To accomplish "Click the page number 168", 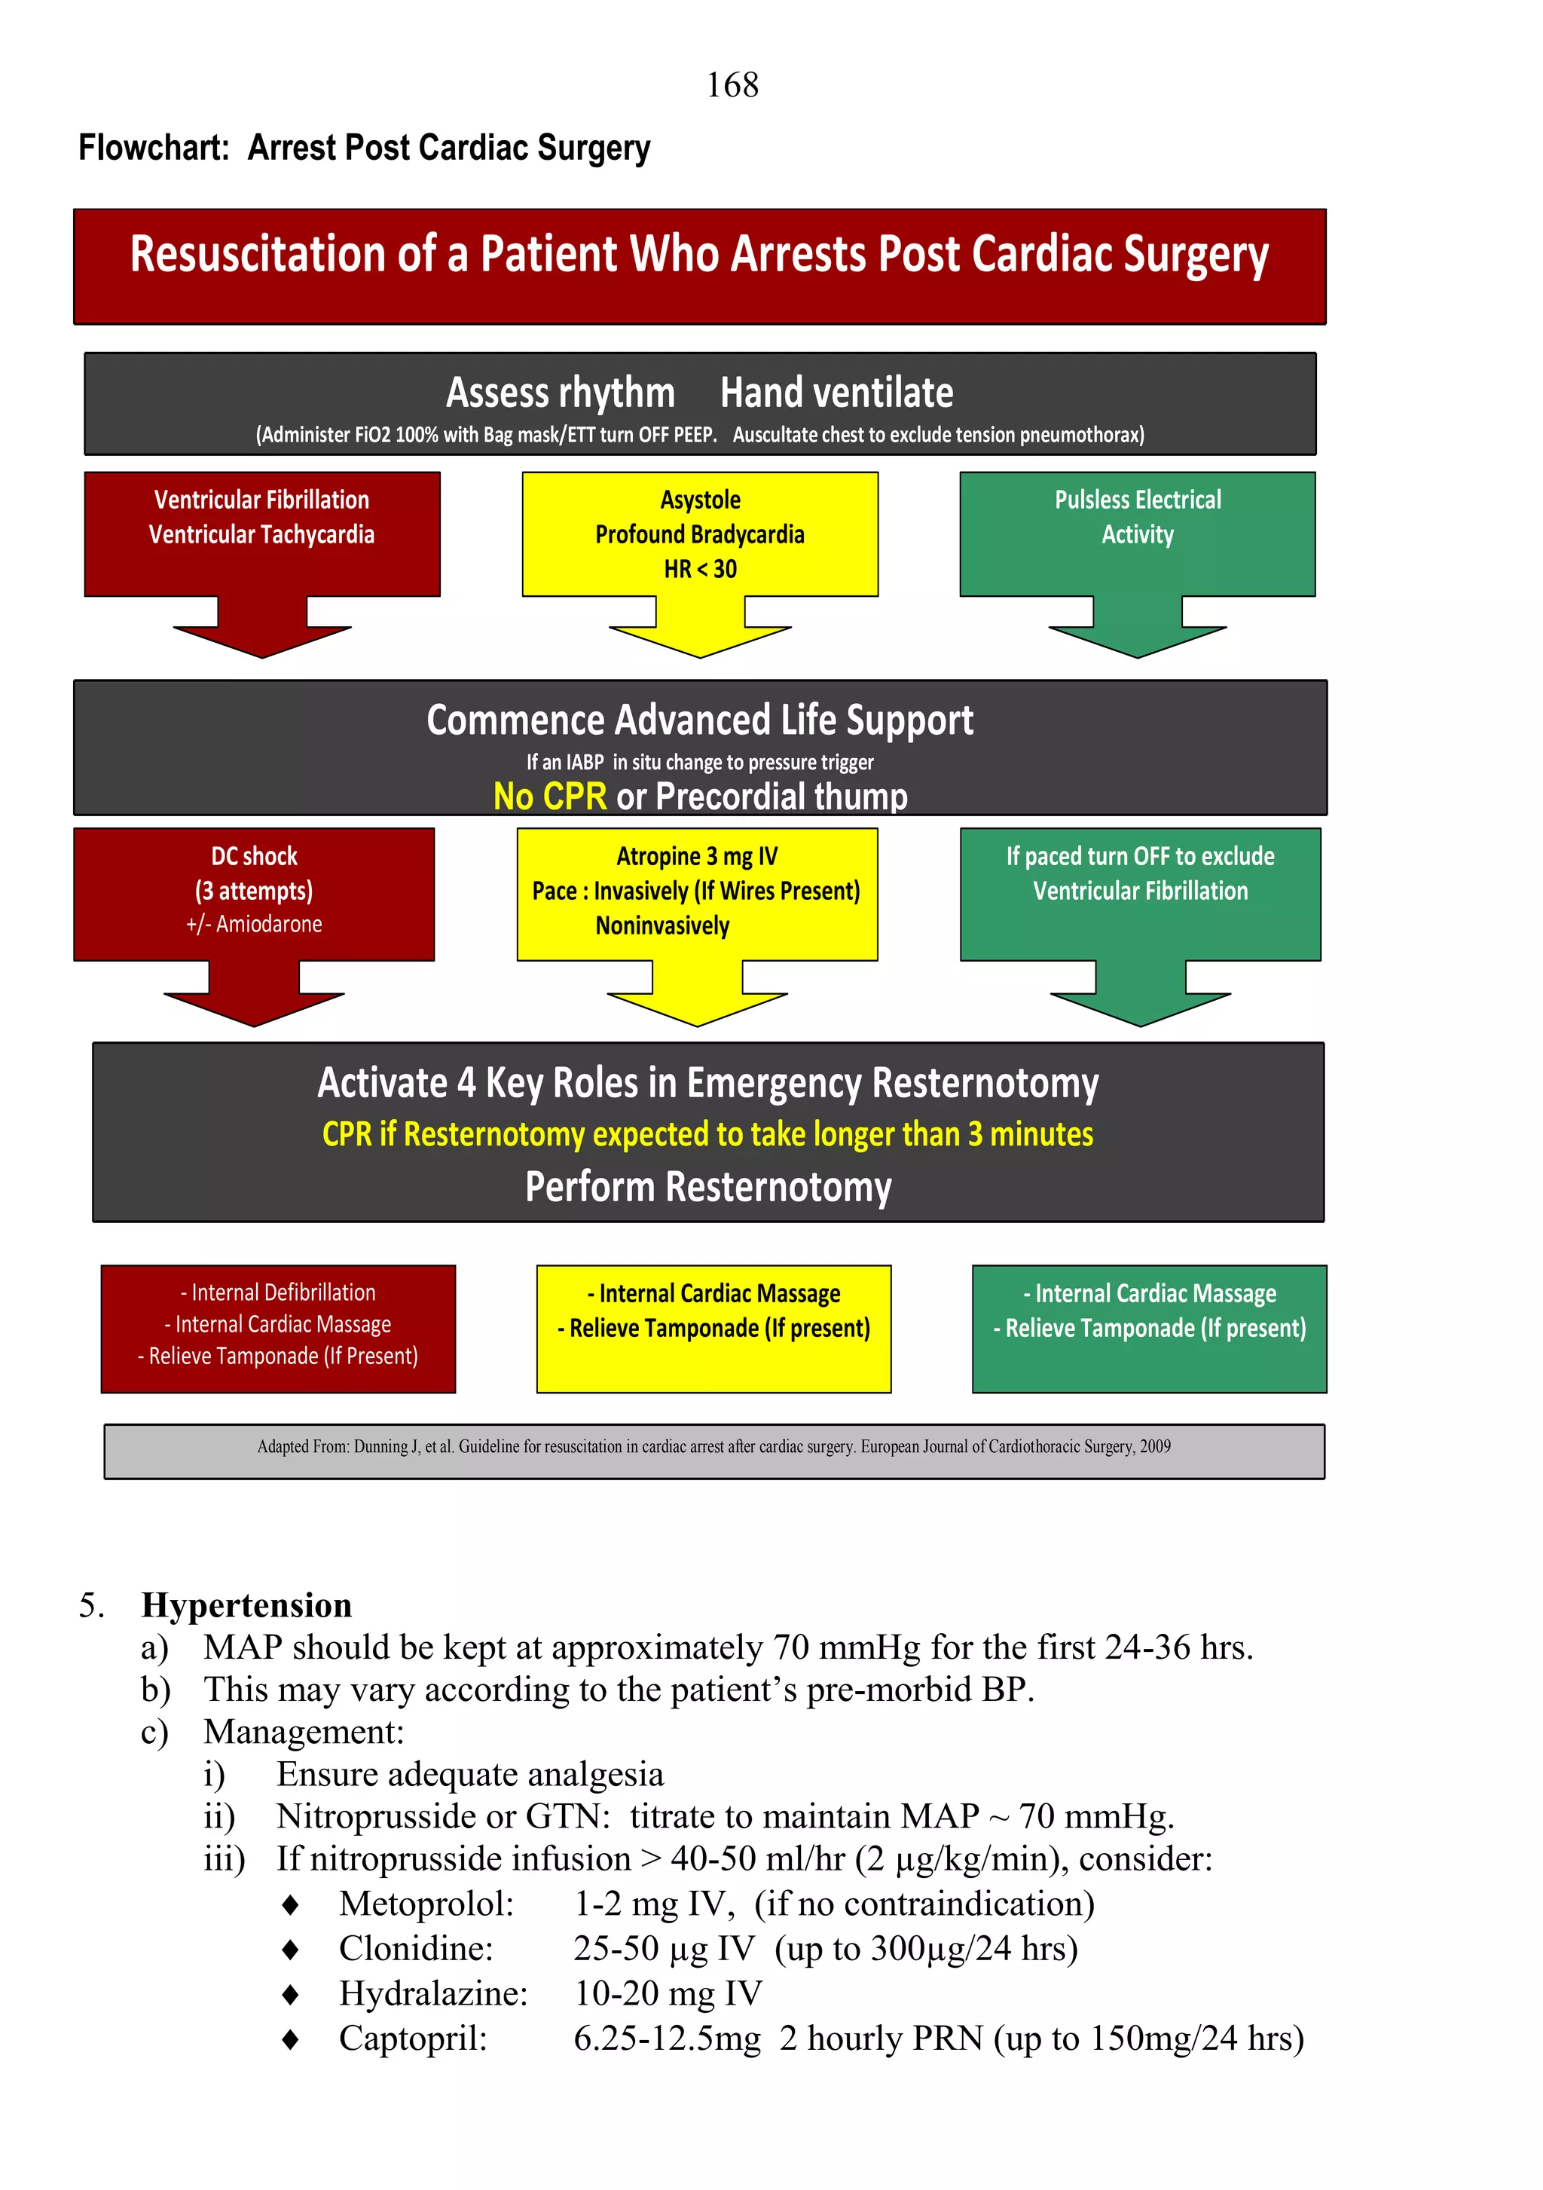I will (732, 85).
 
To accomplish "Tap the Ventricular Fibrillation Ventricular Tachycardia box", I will (261, 534).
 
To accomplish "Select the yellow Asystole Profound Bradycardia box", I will (700, 534).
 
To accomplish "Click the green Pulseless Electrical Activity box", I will (1137, 534).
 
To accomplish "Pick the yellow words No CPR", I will (549, 796).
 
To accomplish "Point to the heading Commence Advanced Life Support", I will (700, 720).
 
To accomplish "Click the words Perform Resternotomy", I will (707, 1187).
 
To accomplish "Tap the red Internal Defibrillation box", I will (277, 1328).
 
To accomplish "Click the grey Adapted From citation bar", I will (713, 1450).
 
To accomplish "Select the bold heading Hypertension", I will (246, 1605).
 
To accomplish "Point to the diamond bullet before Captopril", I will (291, 2039).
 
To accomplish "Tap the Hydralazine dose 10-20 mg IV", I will (668, 1993).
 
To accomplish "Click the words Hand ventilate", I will (836, 393).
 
